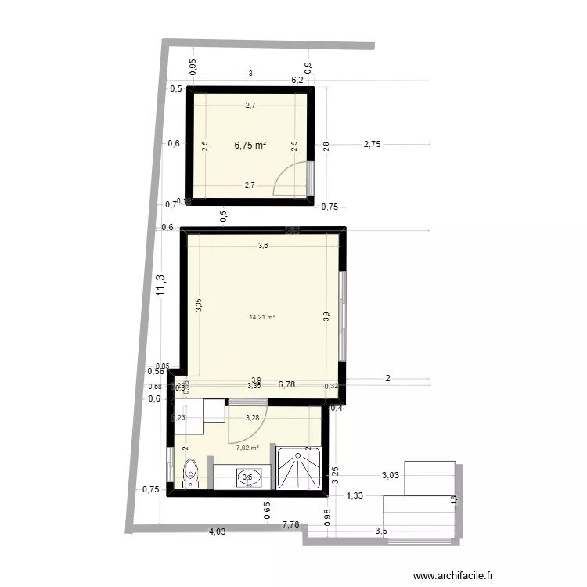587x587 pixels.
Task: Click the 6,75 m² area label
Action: click(250, 145)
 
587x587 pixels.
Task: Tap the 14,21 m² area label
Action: click(262, 317)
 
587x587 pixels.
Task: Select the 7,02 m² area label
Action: click(247, 448)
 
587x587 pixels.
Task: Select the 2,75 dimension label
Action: click(372, 145)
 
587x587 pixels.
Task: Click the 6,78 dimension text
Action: click(287, 384)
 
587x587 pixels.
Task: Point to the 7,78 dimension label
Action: click(291, 524)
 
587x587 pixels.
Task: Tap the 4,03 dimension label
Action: click(217, 532)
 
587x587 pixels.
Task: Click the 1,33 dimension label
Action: click(355, 495)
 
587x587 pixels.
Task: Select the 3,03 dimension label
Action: click(391, 475)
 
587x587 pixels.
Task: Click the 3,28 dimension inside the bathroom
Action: click(252, 418)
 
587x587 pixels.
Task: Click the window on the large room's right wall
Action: click(342, 315)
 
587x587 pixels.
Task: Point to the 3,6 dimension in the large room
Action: click(264, 246)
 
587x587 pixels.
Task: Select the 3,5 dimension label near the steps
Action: click(381, 531)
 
